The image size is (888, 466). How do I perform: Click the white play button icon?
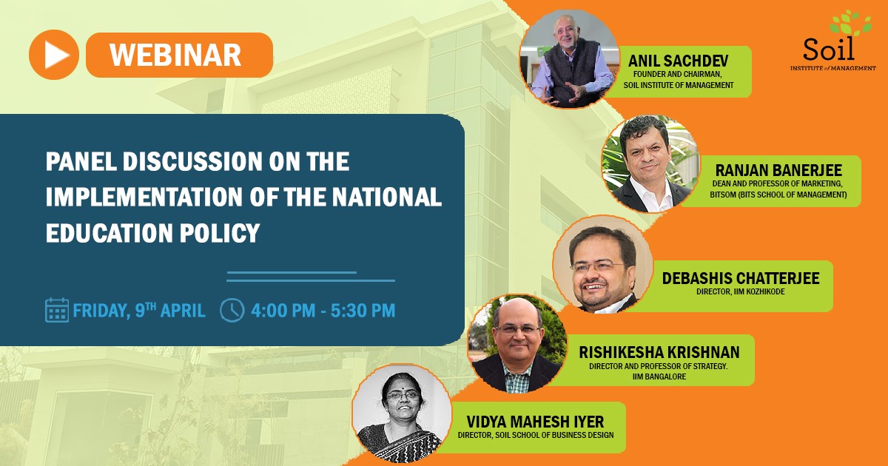(x=54, y=55)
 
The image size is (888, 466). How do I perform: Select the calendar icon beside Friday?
(x=57, y=310)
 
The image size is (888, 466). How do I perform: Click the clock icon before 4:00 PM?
(x=232, y=310)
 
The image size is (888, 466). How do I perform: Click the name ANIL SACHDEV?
(x=669, y=60)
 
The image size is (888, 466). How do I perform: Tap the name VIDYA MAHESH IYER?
(x=531, y=421)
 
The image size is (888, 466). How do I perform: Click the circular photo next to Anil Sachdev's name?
(x=568, y=59)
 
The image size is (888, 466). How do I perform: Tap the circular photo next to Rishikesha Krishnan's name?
(x=517, y=343)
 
